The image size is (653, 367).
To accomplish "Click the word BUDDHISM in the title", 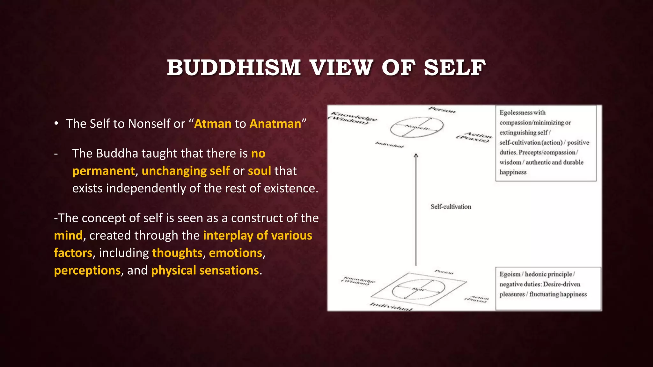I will pyautogui.click(x=234, y=68).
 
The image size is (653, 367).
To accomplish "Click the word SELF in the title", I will pyautogui.click(x=455, y=68).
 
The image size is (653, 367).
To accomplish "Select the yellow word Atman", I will pyautogui.click(x=213, y=124).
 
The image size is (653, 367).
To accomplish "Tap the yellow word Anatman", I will pyautogui.click(x=275, y=124).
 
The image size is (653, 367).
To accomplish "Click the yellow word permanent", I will pyautogui.click(x=104, y=171).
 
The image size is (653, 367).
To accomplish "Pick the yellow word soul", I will pyautogui.click(x=259, y=171).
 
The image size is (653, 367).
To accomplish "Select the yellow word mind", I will pyautogui.click(x=68, y=235).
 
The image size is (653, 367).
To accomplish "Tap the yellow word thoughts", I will pyautogui.click(x=177, y=253).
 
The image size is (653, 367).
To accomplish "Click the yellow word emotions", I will pyautogui.click(x=236, y=253).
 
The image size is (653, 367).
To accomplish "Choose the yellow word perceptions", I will pyautogui.click(x=87, y=270).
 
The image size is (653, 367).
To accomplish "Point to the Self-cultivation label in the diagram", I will pyautogui.click(x=451, y=207).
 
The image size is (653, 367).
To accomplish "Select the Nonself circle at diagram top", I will pyautogui.click(x=417, y=127).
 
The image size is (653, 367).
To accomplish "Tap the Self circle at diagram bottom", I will pyautogui.click(x=418, y=289).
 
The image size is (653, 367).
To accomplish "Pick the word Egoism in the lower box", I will pyautogui.click(x=510, y=274).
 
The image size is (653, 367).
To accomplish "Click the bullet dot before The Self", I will pyautogui.click(x=56, y=124).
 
